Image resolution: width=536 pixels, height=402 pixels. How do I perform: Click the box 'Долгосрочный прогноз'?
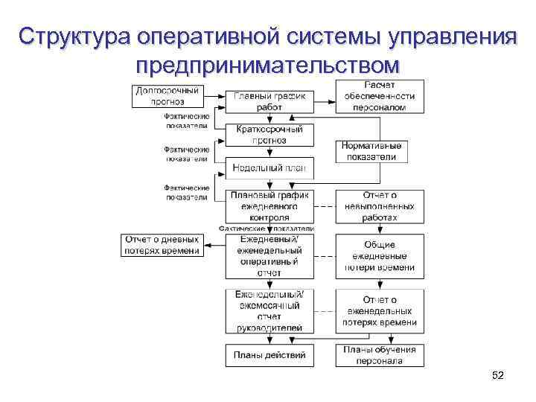(x=167, y=96)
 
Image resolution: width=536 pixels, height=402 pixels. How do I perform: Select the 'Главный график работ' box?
(x=269, y=101)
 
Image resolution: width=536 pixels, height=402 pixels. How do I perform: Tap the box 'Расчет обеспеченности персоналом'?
(x=380, y=96)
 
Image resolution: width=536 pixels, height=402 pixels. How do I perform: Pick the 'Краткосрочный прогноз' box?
(x=269, y=134)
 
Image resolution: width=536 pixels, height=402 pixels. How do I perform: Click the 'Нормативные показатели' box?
(x=371, y=151)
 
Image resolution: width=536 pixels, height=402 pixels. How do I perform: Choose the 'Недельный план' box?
(x=269, y=167)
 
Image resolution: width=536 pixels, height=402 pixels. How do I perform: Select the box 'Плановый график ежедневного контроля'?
(x=269, y=206)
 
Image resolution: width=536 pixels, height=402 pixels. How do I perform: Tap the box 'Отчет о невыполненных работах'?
(x=380, y=206)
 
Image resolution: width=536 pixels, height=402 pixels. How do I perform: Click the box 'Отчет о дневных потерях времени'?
(x=162, y=245)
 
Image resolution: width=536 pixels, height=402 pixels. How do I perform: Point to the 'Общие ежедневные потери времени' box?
(x=380, y=255)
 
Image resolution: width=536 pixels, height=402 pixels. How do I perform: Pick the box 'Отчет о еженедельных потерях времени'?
(x=380, y=311)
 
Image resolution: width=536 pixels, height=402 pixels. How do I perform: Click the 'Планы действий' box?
(x=269, y=355)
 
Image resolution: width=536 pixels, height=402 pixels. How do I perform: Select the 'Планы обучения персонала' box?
(x=380, y=355)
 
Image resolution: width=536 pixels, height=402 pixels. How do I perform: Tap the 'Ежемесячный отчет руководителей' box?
(x=269, y=310)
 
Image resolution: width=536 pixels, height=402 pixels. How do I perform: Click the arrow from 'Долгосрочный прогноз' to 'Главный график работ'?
(x=214, y=96)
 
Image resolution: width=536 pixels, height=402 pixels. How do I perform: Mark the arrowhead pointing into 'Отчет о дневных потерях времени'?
(x=206, y=245)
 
